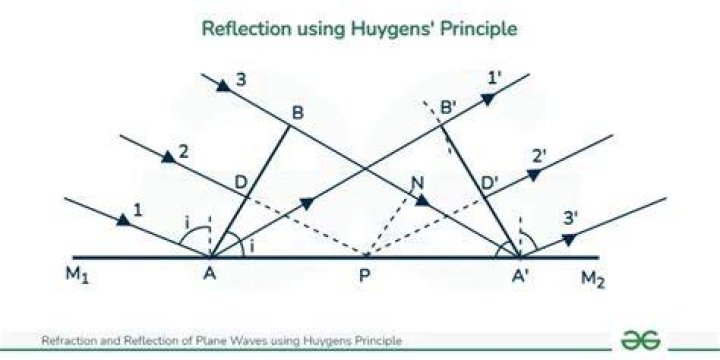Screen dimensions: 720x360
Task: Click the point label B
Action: tap(298, 112)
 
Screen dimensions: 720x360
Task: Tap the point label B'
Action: tap(448, 109)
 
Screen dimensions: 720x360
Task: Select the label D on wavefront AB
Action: tap(241, 183)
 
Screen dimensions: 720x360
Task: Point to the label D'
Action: tap(490, 184)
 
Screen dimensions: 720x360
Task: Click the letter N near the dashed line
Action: tap(417, 185)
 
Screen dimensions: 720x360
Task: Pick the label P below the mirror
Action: tap(364, 276)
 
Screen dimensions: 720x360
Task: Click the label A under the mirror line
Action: tap(210, 274)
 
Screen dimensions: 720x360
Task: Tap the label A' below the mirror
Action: tap(522, 276)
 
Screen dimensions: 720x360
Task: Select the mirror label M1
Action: tap(78, 276)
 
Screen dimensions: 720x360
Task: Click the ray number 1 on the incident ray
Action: tap(138, 210)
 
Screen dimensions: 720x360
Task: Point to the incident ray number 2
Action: tap(183, 152)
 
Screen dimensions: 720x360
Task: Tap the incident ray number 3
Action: tap(241, 80)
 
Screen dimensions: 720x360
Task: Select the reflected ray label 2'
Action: tap(539, 158)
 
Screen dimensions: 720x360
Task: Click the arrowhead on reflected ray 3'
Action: tap(569, 239)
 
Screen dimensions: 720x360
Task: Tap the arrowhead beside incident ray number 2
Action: tap(169, 157)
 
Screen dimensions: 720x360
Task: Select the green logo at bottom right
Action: tap(641, 339)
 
